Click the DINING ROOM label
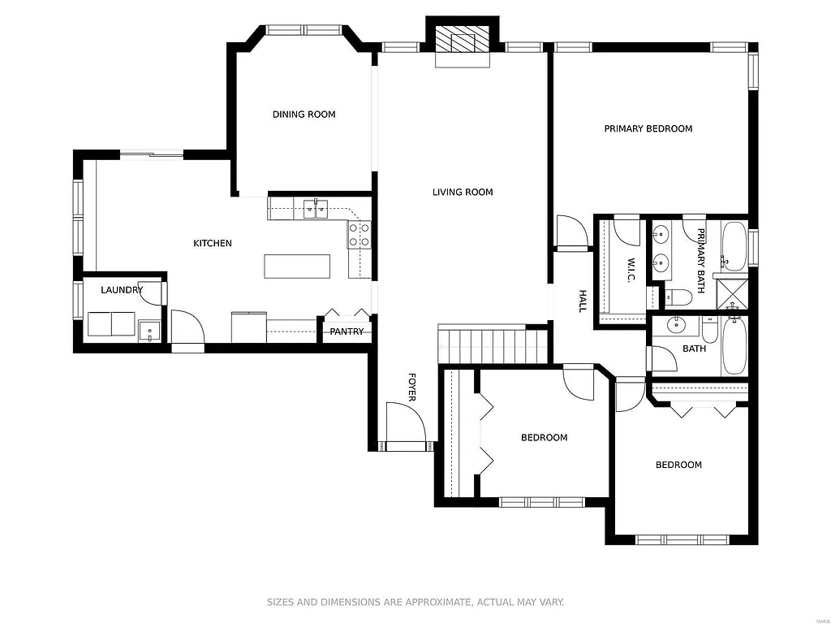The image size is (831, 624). pyautogui.click(x=304, y=115)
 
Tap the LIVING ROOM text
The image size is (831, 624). pyautogui.click(x=463, y=193)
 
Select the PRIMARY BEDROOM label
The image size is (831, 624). pyautogui.click(x=648, y=128)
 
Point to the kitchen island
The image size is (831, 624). pyautogui.click(x=297, y=266)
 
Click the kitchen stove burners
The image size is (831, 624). pyautogui.click(x=360, y=235)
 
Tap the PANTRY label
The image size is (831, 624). pyautogui.click(x=347, y=331)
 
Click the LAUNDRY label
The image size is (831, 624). pyautogui.click(x=122, y=290)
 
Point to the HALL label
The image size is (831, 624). pyautogui.click(x=582, y=301)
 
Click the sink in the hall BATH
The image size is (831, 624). pyautogui.click(x=675, y=327)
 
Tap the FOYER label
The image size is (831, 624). pyautogui.click(x=411, y=387)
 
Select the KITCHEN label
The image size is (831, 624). pyautogui.click(x=212, y=243)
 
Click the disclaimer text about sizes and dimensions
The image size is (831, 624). pyautogui.click(x=415, y=602)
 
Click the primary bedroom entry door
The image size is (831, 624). pyautogui.click(x=572, y=231)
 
